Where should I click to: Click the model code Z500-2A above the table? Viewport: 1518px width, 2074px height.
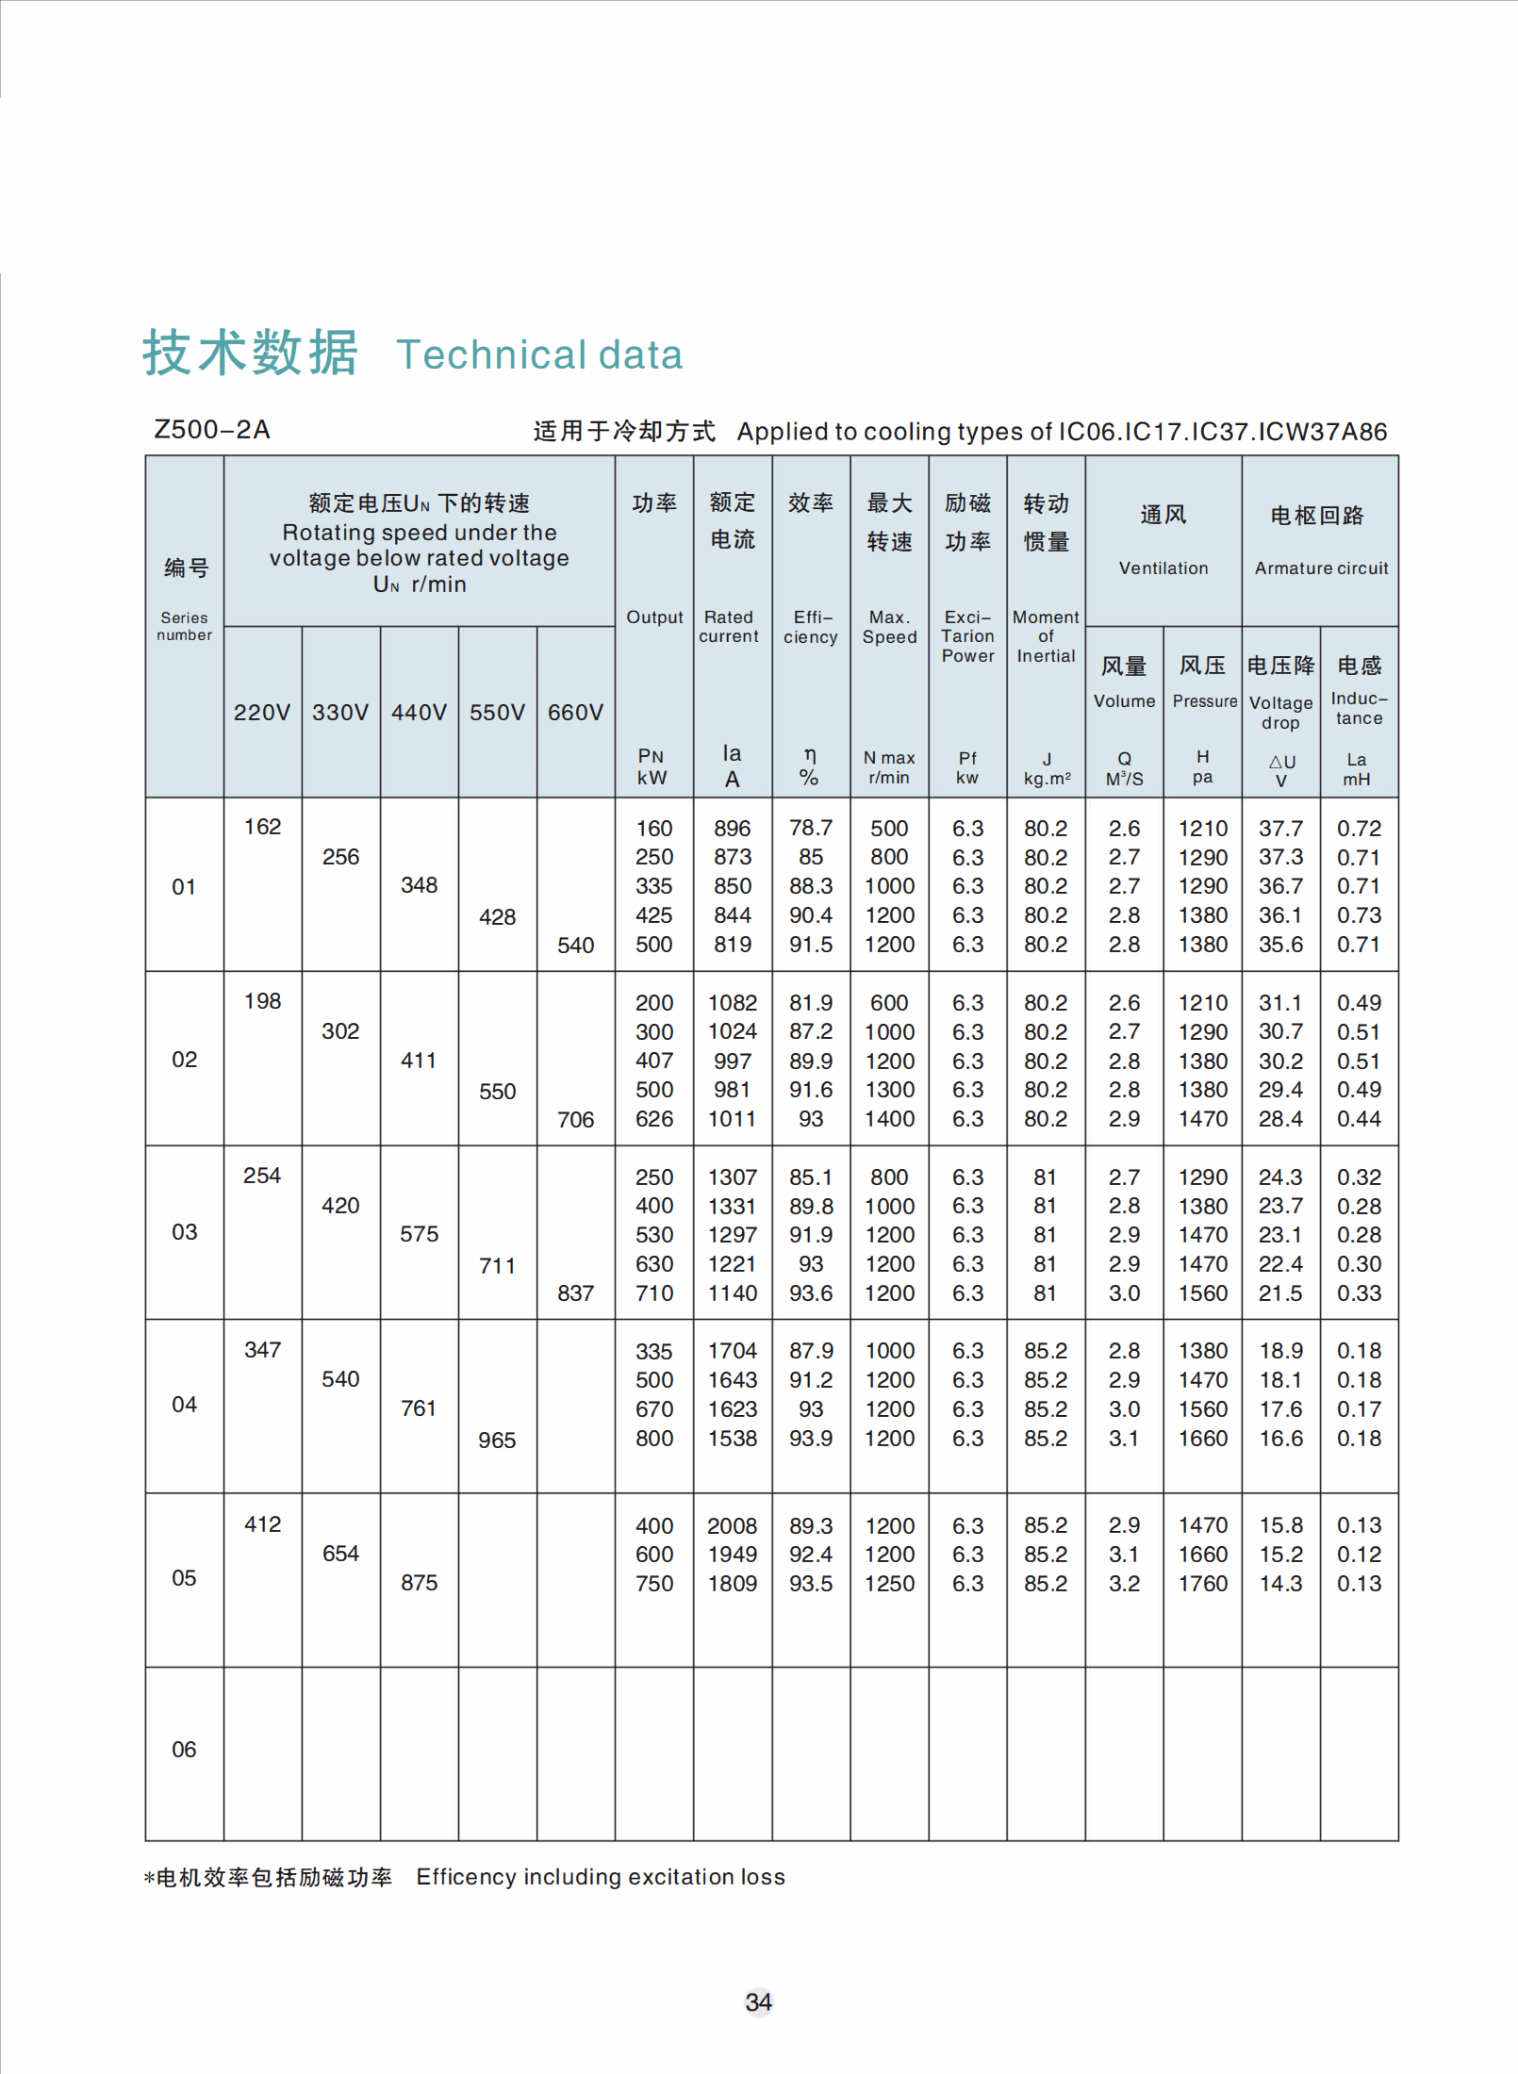click(212, 430)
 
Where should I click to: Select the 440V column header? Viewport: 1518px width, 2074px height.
click(419, 712)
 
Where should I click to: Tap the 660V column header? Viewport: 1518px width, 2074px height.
click(575, 712)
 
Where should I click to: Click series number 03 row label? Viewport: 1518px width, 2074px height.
click(184, 1232)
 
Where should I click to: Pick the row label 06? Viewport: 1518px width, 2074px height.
click(184, 1750)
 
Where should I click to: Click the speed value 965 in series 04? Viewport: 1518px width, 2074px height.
click(497, 1440)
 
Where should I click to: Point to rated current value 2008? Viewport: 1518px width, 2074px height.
click(733, 1525)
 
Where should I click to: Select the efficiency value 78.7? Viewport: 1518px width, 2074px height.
click(811, 828)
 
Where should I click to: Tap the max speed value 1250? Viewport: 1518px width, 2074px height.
click(889, 1584)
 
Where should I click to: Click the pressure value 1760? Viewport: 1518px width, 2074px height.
click(1203, 1584)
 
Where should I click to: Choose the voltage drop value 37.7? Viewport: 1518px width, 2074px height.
click(1280, 828)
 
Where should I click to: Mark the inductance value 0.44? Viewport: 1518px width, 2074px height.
click(1359, 1119)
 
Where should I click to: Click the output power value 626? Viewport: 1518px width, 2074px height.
click(654, 1119)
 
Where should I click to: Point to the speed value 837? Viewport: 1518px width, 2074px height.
click(575, 1292)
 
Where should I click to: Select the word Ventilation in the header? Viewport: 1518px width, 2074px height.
click(1163, 568)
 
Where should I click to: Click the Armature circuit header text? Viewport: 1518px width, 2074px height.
click(1321, 568)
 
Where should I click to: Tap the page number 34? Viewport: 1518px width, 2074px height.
click(759, 2002)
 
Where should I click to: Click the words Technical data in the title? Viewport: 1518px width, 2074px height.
click(539, 355)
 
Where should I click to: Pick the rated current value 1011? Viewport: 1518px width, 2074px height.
click(733, 1119)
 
